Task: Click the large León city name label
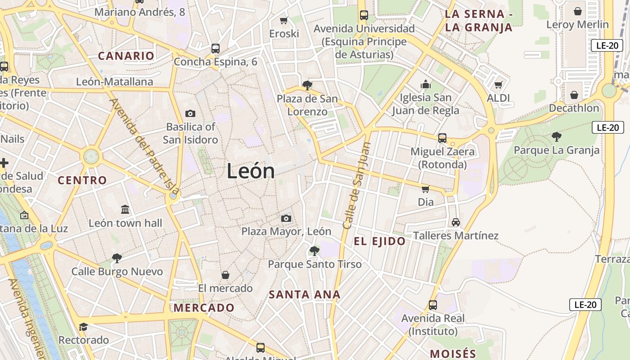[x=251, y=171]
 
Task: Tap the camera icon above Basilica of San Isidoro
[x=190, y=113]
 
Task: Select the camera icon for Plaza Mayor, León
[x=286, y=219]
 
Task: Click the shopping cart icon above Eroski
[x=284, y=20]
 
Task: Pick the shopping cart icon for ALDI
[x=498, y=85]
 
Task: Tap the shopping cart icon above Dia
[x=425, y=189]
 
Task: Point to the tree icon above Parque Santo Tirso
[x=315, y=251]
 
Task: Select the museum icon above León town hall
[x=125, y=210]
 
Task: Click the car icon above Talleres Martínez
[x=456, y=222]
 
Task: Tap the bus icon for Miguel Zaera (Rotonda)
[x=442, y=138]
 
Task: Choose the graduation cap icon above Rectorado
[x=83, y=327]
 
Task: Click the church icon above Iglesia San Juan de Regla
[x=425, y=84]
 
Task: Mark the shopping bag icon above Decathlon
[x=574, y=95]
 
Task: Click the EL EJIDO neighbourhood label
[x=379, y=241]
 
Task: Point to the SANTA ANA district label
[x=304, y=295]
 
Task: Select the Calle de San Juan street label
[x=356, y=185]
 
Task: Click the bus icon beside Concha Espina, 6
[x=216, y=49]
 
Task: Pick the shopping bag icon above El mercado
[x=225, y=274]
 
